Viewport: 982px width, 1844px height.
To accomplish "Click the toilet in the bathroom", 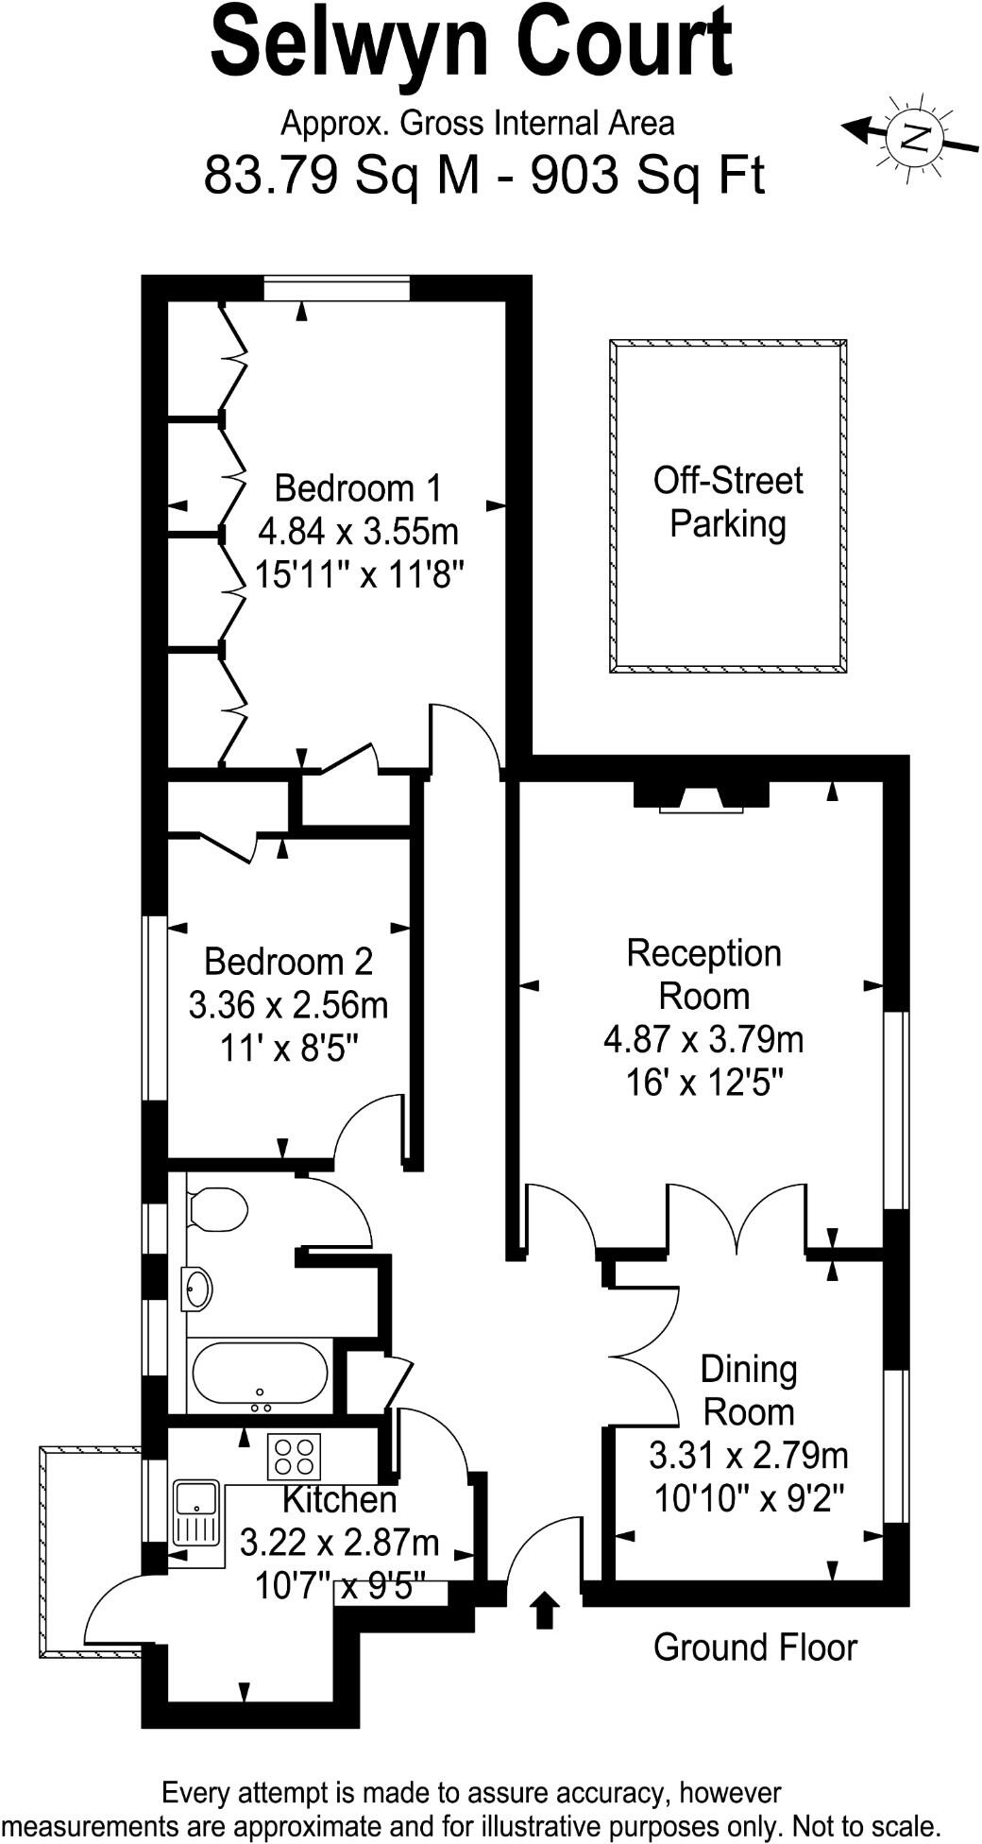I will pos(217,1209).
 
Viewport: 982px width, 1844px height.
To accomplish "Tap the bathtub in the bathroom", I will pos(260,1374).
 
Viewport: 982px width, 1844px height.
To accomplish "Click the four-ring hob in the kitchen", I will pos(295,1456).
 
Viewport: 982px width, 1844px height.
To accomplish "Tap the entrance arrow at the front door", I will pos(544,1610).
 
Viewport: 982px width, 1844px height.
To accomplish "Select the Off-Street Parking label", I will pos(728,503).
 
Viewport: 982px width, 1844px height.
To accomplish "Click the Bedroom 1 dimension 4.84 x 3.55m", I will pos(358,532).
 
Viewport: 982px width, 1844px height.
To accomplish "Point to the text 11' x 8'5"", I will pos(289,1048).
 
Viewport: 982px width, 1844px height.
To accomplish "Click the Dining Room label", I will pos(749,1391).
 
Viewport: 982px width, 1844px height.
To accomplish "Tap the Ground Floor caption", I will pos(754,1648).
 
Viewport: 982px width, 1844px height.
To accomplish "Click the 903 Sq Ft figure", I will pos(648,174).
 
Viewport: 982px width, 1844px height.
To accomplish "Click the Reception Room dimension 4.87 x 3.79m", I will pos(703,1040).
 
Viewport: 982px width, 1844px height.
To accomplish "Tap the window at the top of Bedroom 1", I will pos(337,288).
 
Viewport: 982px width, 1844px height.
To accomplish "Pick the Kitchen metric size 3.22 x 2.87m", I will pos(339,1543).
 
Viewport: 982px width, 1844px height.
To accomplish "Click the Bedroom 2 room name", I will pos(289,962).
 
